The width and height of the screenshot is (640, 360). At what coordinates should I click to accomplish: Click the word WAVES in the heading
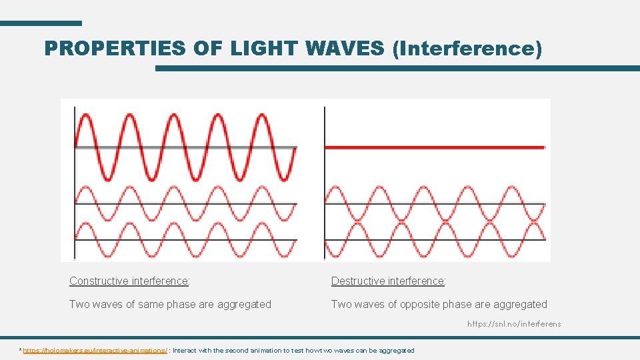coord(345,48)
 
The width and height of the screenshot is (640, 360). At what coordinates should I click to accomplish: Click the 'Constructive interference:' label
coord(129,281)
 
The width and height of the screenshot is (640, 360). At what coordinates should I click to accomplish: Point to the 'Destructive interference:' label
coord(389,281)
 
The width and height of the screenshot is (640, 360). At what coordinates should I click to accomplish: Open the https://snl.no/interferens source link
coord(514,324)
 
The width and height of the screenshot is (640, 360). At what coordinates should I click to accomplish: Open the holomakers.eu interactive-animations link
coord(95,350)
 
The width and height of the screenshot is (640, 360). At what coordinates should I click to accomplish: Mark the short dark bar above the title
coord(41,23)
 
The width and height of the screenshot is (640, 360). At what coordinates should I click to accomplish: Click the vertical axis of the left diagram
coord(74,180)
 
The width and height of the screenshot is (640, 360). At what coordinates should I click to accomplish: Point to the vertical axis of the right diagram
coord(324,180)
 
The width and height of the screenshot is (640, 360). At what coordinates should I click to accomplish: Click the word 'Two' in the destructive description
coord(341,304)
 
